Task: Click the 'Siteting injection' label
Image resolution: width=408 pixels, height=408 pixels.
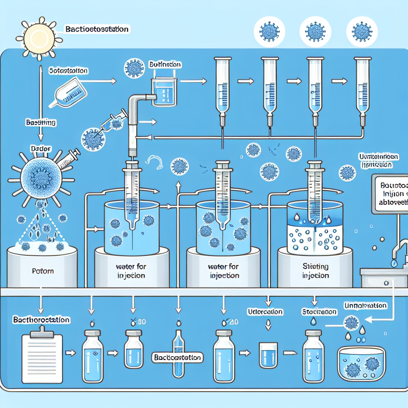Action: click(315, 271)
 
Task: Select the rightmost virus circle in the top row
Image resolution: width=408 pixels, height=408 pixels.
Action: click(362, 32)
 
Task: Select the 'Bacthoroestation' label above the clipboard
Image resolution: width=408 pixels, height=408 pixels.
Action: click(41, 320)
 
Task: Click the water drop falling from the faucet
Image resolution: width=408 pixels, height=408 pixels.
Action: click(394, 264)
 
